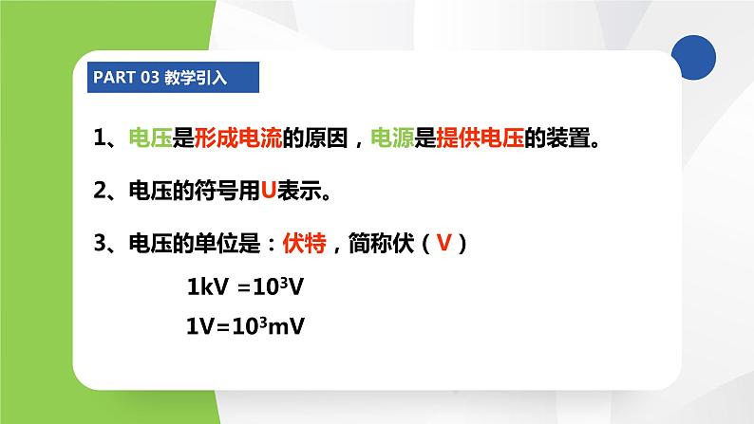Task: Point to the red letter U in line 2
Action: click(268, 192)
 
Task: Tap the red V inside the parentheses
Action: click(443, 244)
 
